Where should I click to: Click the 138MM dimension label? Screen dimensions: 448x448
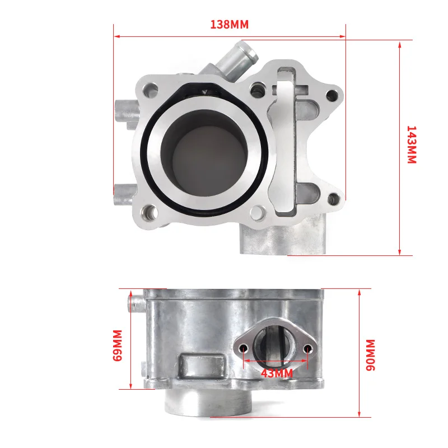pyautogui.click(x=230, y=24)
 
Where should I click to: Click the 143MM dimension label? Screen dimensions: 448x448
pyautogui.click(x=412, y=144)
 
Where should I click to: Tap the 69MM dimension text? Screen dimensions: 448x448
pyautogui.click(x=118, y=346)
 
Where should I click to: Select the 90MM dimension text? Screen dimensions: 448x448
pyautogui.click(x=370, y=355)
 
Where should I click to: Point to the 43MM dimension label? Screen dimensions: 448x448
pyautogui.click(x=277, y=373)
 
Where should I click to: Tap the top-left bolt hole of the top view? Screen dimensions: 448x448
pyautogui.click(x=151, y=90)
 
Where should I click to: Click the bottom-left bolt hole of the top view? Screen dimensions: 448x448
pyautogui.click(x=150, y=213)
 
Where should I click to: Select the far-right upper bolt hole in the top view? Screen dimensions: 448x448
pyautogui.click(x=332, y=96)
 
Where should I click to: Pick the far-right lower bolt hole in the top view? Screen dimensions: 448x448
pyautogui.click(x=333, y=199)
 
